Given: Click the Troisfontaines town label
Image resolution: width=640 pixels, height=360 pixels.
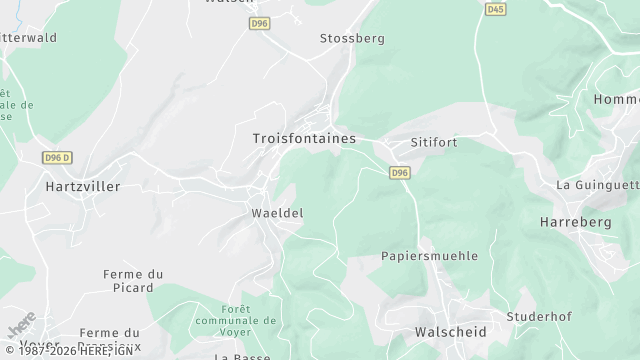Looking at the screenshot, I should click(x=303, y=138).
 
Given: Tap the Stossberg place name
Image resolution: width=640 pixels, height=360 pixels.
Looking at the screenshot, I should click(x=351, y=38).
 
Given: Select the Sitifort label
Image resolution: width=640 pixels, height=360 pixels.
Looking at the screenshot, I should click(x=432, y=142).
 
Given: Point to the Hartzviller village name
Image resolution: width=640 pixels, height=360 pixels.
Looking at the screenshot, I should click(x=82, y=186).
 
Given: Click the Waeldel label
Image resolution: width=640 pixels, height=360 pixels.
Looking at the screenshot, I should click(x=276, y=213).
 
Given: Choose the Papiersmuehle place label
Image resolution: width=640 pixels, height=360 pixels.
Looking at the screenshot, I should click(x=429, y=256).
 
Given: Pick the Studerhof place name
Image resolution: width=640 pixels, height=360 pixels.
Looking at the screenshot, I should click(x=538, y=316).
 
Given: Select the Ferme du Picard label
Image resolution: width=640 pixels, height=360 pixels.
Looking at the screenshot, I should click(x=133, y=280).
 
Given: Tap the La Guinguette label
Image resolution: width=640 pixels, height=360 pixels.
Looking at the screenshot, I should click(x=598, y=185).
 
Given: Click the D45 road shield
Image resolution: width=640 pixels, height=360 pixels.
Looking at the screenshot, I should click(x=495, y=9).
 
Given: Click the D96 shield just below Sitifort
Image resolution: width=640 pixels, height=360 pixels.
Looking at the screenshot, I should click(x=399, y=172).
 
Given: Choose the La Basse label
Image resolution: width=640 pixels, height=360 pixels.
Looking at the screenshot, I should click(x=237, y=355).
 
